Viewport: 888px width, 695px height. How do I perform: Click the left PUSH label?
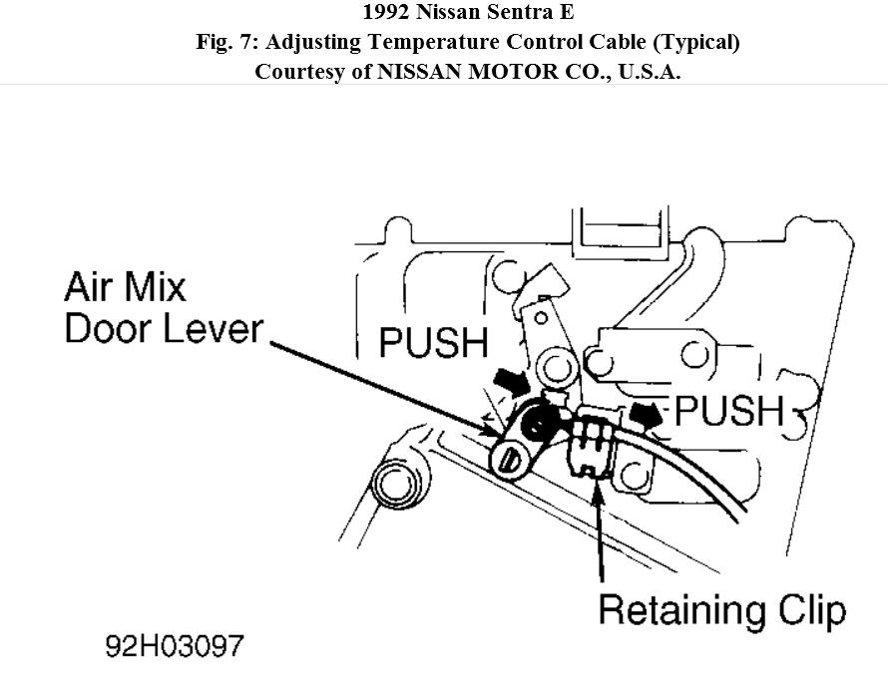[x=433, y=343]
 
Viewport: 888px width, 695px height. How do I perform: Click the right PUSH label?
[x=729, y=410]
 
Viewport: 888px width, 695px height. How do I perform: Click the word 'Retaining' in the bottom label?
[x=674, y=609]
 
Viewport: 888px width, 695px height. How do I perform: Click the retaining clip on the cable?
[x=591, y=445]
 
